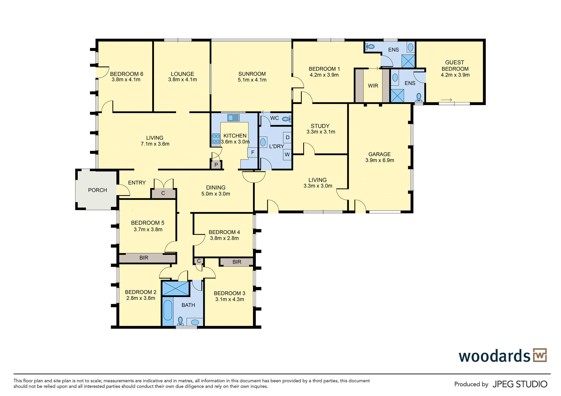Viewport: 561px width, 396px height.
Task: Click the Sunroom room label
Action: tap(252, 74)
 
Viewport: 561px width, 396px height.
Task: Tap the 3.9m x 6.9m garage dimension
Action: tap(380, 160)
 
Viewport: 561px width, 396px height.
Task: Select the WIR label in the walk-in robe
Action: tap(373, 86)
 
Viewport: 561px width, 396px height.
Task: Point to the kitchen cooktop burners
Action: tap(216, 139)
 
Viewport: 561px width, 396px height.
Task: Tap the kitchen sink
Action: tap(233, 118)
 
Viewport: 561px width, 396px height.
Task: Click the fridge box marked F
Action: tap(252, 153)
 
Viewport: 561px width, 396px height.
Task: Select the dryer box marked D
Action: tap(287, 138)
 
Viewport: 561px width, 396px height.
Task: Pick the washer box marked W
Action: tap(287, 155)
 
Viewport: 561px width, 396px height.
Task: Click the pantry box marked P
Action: tap(216, 165)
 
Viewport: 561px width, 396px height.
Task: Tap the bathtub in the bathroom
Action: tap(168, 310)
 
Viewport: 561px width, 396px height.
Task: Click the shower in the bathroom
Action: tap(176, 288)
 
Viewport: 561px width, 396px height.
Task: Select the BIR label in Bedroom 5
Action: tap(144, 258)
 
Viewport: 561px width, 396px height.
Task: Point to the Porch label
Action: tap(97, 190)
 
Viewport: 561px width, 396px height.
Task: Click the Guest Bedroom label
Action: tap(455, 66)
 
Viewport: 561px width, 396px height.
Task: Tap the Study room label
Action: tap(320, 126)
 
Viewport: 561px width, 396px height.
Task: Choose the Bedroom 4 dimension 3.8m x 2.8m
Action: tap(224, 238)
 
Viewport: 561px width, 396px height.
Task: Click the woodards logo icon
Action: tap(540, 355)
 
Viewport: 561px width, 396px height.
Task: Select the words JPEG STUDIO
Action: tap(520, 384)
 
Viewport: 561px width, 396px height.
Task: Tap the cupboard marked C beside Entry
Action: tap(163, 193)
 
